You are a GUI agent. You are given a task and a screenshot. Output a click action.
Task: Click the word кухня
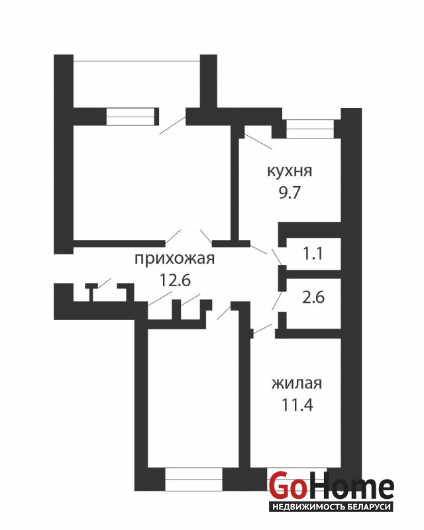[290, 171]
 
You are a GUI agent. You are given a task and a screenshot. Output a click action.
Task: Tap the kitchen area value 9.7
[290, 193]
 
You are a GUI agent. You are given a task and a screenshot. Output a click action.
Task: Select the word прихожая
[174, 259]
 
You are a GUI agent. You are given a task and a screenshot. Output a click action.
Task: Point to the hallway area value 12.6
[175, 280]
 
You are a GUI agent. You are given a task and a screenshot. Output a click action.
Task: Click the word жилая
[297, 384]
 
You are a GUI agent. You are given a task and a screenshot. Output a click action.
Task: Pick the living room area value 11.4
[297, 405]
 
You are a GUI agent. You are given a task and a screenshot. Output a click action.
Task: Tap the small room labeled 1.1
[313, 254]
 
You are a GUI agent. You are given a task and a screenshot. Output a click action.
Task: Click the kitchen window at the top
[310, 129]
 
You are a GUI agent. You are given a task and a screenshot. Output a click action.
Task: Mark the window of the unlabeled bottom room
[193, 478]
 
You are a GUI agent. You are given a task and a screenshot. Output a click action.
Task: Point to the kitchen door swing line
[258, 141]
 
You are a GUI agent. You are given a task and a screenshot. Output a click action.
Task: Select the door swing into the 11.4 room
[262, 329]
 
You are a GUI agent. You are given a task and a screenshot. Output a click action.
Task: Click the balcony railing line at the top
[136, 61]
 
